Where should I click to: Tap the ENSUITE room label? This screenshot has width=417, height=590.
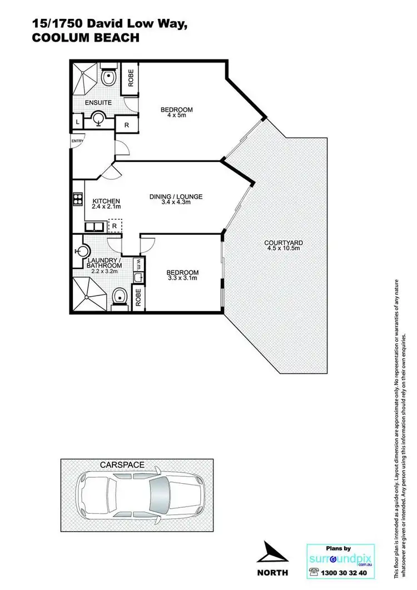[x=98, y=103]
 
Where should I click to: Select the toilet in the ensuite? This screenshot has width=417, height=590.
[x=109, y=78]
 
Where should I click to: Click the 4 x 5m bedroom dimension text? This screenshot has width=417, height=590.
[x=176, y=116]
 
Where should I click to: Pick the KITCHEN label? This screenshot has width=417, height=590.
[x=106, y=201]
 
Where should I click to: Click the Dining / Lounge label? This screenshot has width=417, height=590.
[x=176, y=196]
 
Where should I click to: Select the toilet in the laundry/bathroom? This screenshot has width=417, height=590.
[x=120, y=297]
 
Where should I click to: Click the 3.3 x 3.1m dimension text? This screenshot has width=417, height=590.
[x=182, y=279]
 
